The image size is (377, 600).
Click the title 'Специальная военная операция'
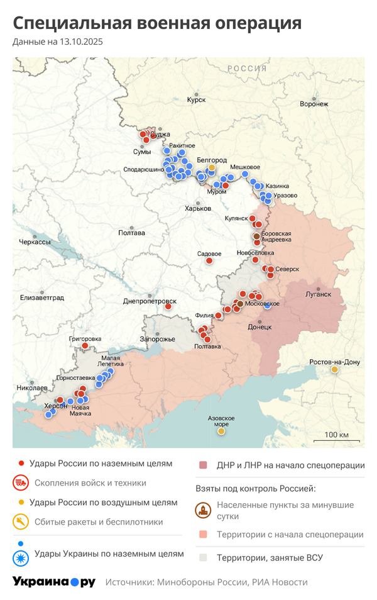pos(157,23)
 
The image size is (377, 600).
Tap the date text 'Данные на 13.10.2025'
pos(58,42)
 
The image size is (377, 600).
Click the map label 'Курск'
pos(197,99)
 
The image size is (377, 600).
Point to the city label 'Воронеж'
pos(314,104)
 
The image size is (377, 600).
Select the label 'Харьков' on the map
pos(198,209)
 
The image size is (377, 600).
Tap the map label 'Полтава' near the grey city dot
pos(131,233)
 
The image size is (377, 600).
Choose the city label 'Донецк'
pos(260,327)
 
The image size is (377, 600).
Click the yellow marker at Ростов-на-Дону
pos(335,370)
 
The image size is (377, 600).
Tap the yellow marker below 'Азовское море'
pos(221,431)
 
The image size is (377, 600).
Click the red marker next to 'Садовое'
pos(210,260)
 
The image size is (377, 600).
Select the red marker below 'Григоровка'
pos(85,346)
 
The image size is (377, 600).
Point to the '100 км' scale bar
pos(336,436)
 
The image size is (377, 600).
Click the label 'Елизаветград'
pos(42,298)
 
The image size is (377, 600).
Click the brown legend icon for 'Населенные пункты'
pos(204,510)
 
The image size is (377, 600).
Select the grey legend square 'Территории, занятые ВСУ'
pos(203,557)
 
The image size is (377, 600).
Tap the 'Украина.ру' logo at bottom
pos(54,582)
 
